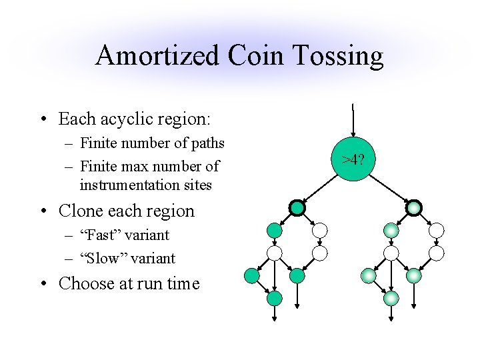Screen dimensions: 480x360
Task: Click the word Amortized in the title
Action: (x=158, y=56)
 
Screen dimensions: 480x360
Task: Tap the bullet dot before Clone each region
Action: (x=44, y=211)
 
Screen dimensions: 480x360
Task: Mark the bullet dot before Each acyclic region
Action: (x=44, y=119)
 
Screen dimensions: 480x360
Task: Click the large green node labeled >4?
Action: (x=353, y=160)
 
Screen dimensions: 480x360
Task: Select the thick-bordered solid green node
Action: (x=297, y=208)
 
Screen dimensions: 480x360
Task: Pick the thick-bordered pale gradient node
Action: (x=414, y=208)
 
